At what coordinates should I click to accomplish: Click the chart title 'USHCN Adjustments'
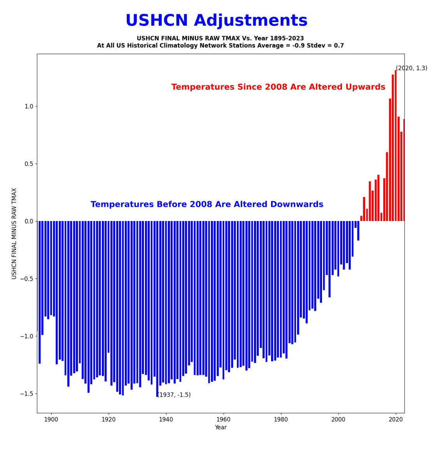pyautogui.click(x=216, y=21)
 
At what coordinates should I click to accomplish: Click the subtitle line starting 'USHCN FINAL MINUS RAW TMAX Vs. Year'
pyautogui.click(x=220, y=39)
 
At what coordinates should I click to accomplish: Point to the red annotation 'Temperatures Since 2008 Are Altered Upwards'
pyautogui.click(x=278, y=87)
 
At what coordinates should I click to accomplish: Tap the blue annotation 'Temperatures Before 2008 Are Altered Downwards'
pyautogui.click(x=207, y=204)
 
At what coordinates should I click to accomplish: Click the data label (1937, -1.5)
pyautogui.click(x=174, y=395)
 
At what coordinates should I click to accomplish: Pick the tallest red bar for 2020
pyautogui.click(x=395, y=146)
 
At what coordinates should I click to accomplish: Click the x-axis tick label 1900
pyautogui.click(x=51, y=420)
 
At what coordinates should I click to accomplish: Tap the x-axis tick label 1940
pyautogui.click(x=166, y=420)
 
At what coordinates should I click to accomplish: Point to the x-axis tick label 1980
pyautogui.click(x=281, y=420)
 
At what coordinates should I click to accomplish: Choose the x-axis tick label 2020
pyautogui.click(x=396, y=420)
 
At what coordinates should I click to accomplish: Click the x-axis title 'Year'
pyautogui.click(x=220, y=427)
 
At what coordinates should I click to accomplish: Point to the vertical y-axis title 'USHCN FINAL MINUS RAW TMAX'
pyautogui.click(x=14, y=233)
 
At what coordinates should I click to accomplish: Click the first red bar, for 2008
pyautogui.click(x=361, y=219)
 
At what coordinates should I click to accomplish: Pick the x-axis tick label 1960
pyautogui.click(x=224, y=420)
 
